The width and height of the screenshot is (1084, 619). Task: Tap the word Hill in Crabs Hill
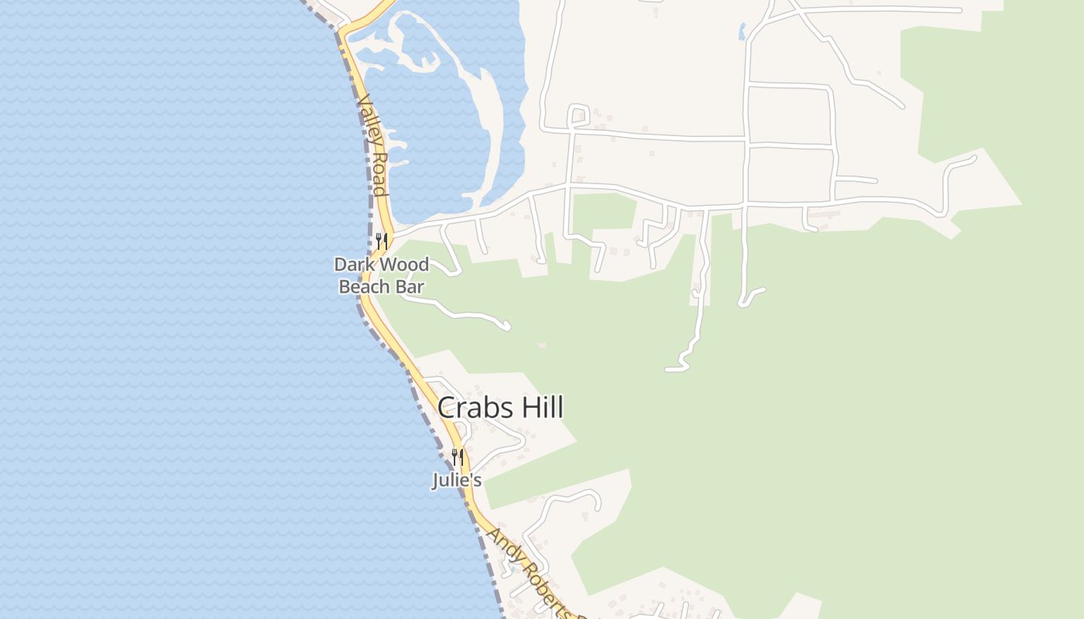point(537,408)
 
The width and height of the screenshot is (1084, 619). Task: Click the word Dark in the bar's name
point(353,265)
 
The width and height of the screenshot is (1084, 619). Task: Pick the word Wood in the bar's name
point(403,265)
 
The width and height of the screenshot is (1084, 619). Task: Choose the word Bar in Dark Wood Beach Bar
point(410,286)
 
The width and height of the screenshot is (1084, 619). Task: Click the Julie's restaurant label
point(457,480)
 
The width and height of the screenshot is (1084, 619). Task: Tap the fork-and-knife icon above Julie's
point(458,457)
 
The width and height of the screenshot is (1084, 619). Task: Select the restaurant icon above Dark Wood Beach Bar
point(380,241)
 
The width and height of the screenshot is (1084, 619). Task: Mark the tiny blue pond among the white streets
point(742,32)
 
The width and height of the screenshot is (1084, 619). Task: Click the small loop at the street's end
point(578,115)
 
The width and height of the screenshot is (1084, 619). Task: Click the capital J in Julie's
point(436,480)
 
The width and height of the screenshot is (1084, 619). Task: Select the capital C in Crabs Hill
point(447,408)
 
